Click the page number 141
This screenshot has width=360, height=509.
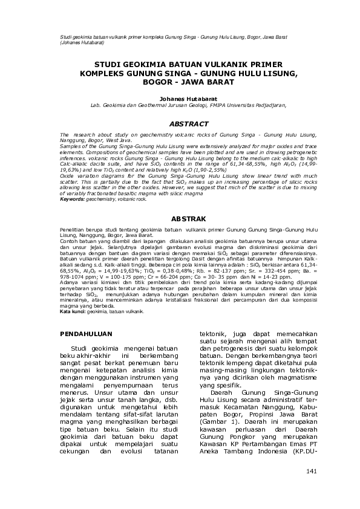point(312,470)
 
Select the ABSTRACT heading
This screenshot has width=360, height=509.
point(180,123)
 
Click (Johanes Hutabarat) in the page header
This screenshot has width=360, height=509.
point(83,44)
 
